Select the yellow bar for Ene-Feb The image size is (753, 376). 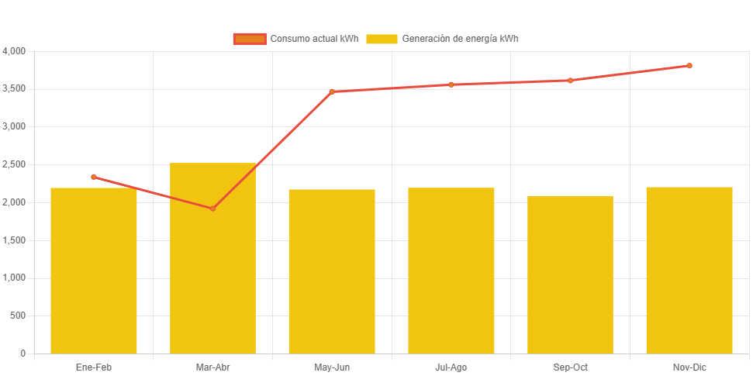pos(94,271)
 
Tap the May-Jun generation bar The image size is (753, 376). pos(332,271)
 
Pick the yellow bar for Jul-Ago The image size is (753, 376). pos(451,271)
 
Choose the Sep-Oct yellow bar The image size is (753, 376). pos(570,275)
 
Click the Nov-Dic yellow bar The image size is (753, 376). pos(689,271)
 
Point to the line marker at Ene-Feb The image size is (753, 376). pos(94,177)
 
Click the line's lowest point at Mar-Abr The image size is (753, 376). pos(212,209)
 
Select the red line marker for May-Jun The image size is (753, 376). pos(332,91)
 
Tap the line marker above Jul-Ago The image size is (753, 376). pos(451,85)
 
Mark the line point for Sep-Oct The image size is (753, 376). pos(570,80)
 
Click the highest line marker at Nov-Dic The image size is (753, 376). pos(689,66)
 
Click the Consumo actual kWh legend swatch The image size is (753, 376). pos(249,39)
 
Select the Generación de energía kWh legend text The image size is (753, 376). pos(460,39)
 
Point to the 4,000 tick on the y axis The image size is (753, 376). pos(14,51)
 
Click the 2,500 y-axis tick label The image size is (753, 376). pos(14,164)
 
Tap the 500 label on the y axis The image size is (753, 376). pos(18,316)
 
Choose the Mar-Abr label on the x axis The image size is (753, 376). pos(212,367)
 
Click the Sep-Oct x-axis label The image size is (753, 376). pos(570,367)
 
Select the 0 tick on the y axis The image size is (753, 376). pos(22,354)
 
